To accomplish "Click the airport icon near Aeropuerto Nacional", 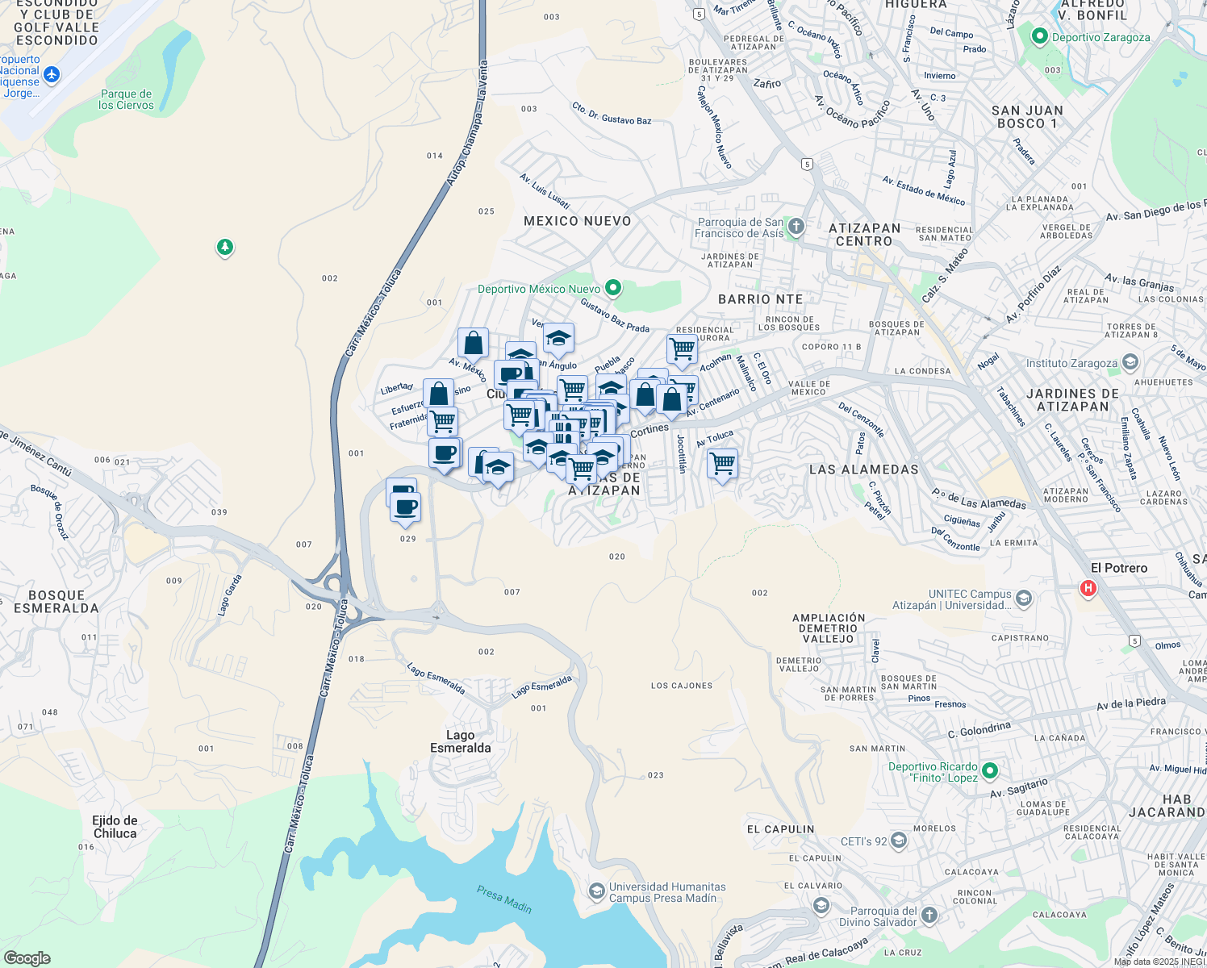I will pyautogui.click(x=52, y=75).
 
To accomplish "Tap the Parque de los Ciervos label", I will pyautogui.click(x=126, y=100).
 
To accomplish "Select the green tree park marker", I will pyautogui.click(x=225, y=247).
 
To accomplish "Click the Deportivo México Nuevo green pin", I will pyautogui.click(x=613, y=288).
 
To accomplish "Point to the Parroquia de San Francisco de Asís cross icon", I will pyautogui.click(x=796, y=226).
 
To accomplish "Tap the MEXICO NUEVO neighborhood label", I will pyautogui.click(x=577, y=221).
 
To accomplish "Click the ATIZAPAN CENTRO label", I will pyautogui.click(x=864, y=235).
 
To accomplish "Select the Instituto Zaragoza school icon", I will pyautogui.click(x=1130, y=362).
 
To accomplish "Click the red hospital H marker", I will pyautogui.click(x=1088, y=588).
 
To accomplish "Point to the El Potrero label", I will pyautogui.click(x=1119, y=568).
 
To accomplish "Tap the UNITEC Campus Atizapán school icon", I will pyautogui.click(x=1024, y=599).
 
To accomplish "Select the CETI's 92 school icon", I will pyautogui.click(x=899, y=841).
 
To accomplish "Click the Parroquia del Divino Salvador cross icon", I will pyautogui.click(x=929, y=915).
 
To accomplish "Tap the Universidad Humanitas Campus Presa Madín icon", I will pyautogui.click(x=596, y=891).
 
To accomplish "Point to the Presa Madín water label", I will pyautogui.click(x=504, y=899).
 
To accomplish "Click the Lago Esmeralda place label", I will pyautogui.click(x=460, y=741).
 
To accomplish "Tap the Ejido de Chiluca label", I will pyautogui.click(x=115, y=827).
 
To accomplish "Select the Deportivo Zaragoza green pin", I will pyautogui.click(x=1040, y=36).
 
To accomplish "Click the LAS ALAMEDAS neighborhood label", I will pyautogui.click(x=863, y=469).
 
